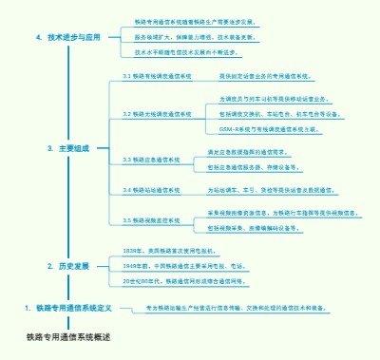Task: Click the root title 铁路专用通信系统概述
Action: (x=68, y=336)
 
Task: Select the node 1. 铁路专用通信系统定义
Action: (x=68, y=308)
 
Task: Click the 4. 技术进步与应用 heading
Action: (x=66, y=38)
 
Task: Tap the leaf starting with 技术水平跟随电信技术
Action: (x=196, y=52)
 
